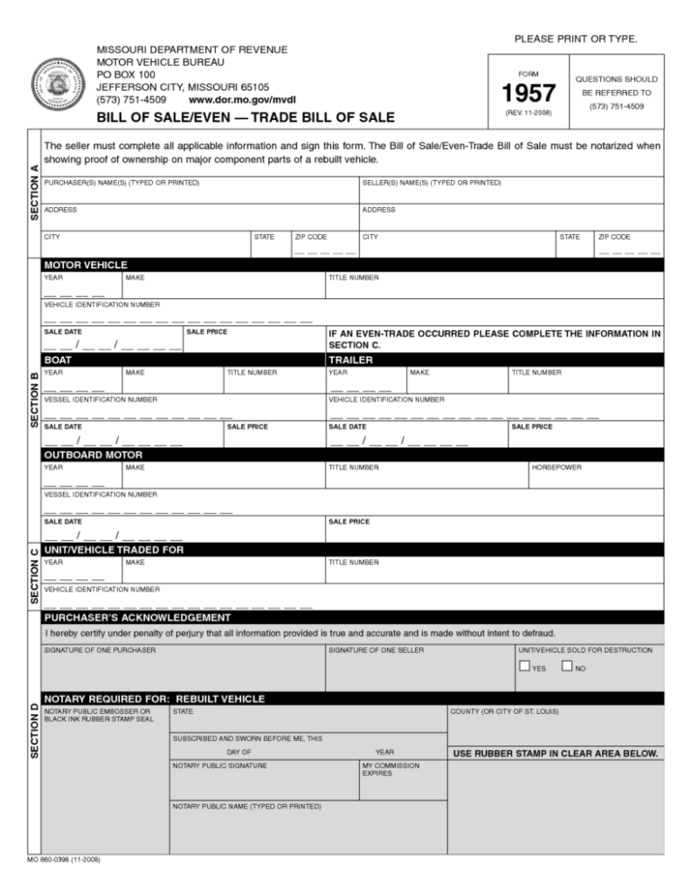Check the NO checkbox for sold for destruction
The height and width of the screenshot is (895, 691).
click(567, 666)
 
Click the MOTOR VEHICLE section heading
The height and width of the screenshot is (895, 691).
click(85, 266)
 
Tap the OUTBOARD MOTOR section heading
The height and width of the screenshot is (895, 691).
click(94, 455)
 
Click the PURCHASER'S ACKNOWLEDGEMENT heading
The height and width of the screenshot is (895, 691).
click(137, 618)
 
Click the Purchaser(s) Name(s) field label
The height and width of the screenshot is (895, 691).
click(121, 184)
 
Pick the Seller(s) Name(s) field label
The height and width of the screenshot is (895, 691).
click(431, 184)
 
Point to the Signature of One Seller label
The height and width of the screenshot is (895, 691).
click(376, 649)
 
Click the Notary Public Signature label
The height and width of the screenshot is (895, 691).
click(220, 765)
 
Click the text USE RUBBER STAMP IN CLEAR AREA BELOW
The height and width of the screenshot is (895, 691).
click(556, 753)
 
